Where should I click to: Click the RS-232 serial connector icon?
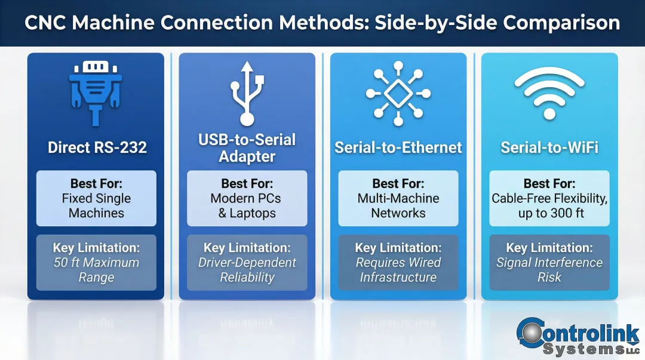pos(96,93)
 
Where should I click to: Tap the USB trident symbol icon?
pos(247,93)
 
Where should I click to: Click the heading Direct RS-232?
pos(97,147)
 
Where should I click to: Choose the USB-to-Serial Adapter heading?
pos(247,148)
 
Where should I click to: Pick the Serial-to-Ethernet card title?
pos(398,147)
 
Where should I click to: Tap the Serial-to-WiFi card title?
pos(549,147)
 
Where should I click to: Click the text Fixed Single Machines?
pos(96,206)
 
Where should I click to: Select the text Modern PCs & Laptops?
pos(247,206)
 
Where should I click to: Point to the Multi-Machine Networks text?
pos(398,206)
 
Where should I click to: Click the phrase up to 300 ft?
pos(549,213)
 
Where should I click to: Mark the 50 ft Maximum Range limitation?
pos(96,270)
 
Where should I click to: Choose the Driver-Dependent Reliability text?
pos(247,270)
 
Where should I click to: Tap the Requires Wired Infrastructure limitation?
pos(398,270)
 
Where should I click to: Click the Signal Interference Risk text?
pos(549,270)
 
